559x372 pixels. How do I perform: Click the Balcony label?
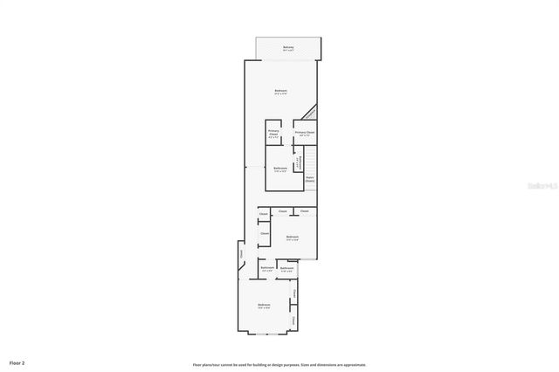click(x=287, y=47)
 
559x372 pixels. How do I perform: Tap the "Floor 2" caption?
click(x=17, y=362)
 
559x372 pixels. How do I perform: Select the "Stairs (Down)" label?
click(x=309, y=180)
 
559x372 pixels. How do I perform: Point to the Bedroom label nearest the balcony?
click(x=280, y=92)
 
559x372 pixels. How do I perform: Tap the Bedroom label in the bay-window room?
click(x=264, y=305)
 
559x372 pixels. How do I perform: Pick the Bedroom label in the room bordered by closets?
click(x=293, y=237)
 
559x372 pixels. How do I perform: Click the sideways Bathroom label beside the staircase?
click(x=300, y=162)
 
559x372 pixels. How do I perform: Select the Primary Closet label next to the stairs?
click(x=305, y=133)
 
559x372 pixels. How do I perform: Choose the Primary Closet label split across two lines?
click(x=273, y=134)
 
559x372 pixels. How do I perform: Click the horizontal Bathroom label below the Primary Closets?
click(x=280, y=169)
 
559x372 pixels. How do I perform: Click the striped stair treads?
click(x=310, y=162)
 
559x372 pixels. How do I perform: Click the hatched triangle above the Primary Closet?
click(x=308, y=114)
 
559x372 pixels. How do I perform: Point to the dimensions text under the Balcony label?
click(x=287, y=51)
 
